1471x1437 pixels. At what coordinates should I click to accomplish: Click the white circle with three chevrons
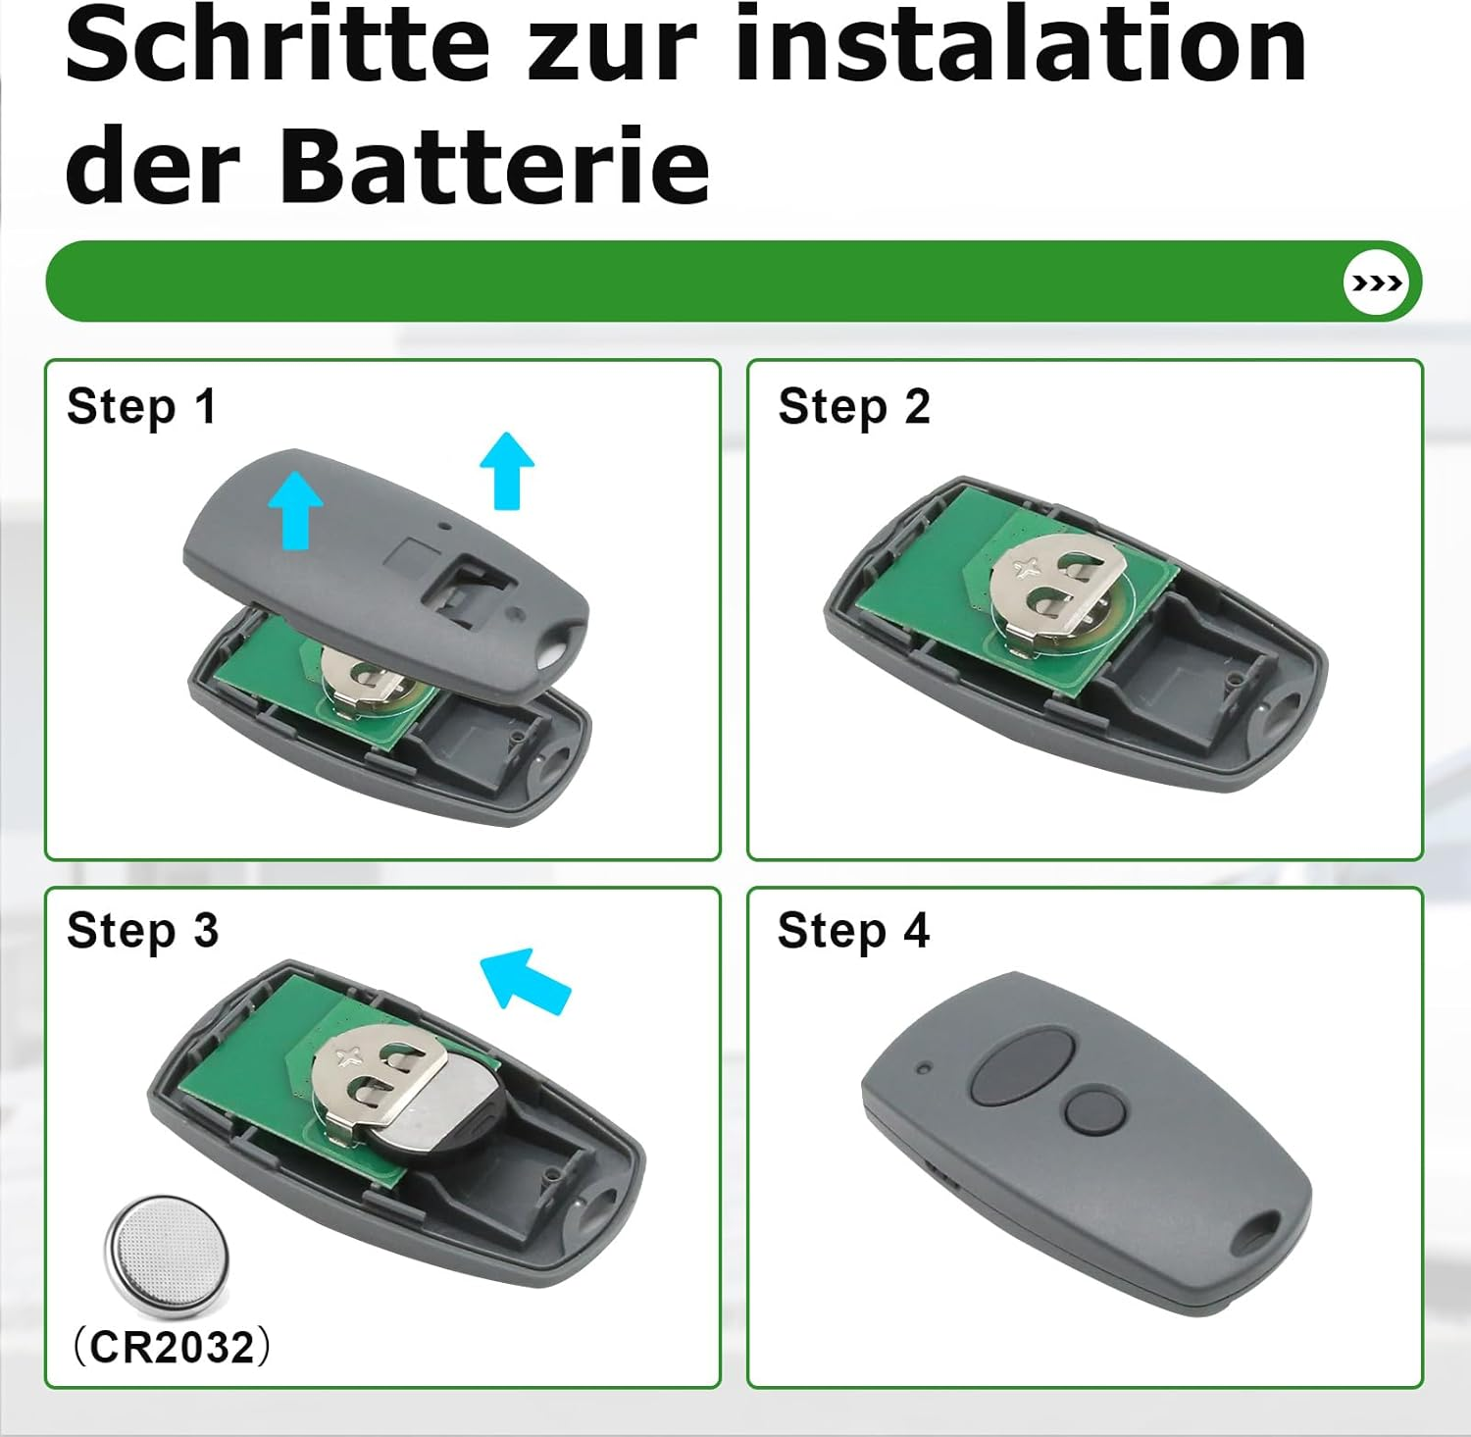(x=1376, y=282)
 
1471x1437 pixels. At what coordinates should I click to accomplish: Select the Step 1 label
(x=141, y=407)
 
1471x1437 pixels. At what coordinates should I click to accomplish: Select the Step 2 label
(x=853, y=407)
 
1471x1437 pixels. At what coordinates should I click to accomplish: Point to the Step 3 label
(x=142, y=931)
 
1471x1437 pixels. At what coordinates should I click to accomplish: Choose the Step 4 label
(x=853, y=931)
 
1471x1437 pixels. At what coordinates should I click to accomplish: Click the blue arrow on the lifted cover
(x=296, y=508)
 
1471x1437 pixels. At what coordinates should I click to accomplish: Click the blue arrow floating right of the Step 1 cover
(x=507, y=470)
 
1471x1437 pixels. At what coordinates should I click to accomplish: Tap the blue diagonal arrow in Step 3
(x=525, y=979)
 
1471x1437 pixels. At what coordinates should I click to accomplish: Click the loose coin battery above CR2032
(x=167, y=1255)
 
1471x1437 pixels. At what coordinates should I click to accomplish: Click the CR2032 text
(x=173, y=1347)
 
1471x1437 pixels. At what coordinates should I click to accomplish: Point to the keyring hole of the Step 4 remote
(x=1255, y=1232)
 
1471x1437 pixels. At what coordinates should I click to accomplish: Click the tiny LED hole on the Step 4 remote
(x=924, y=1067)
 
